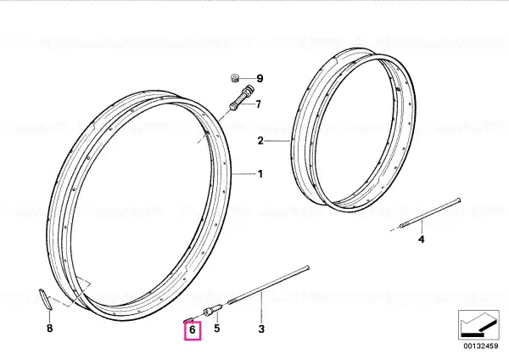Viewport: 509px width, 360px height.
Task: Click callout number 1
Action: (x=260, y=174)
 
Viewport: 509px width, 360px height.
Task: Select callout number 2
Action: (x=260, y=141)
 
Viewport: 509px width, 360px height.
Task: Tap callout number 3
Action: (x=261, y=329)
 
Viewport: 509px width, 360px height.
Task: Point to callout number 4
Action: (x=421, y=239)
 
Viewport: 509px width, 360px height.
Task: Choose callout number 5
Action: (x=217, y=328)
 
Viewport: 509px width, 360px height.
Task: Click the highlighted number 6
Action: (x=193, y=330)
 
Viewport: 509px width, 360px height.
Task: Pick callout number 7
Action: (x=258, y=104)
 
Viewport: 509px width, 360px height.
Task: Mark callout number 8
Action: (x=49, y=328)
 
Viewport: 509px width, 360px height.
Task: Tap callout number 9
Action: (x=260, y=78)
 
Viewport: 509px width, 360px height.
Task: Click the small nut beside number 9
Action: (x=235, y=78)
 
